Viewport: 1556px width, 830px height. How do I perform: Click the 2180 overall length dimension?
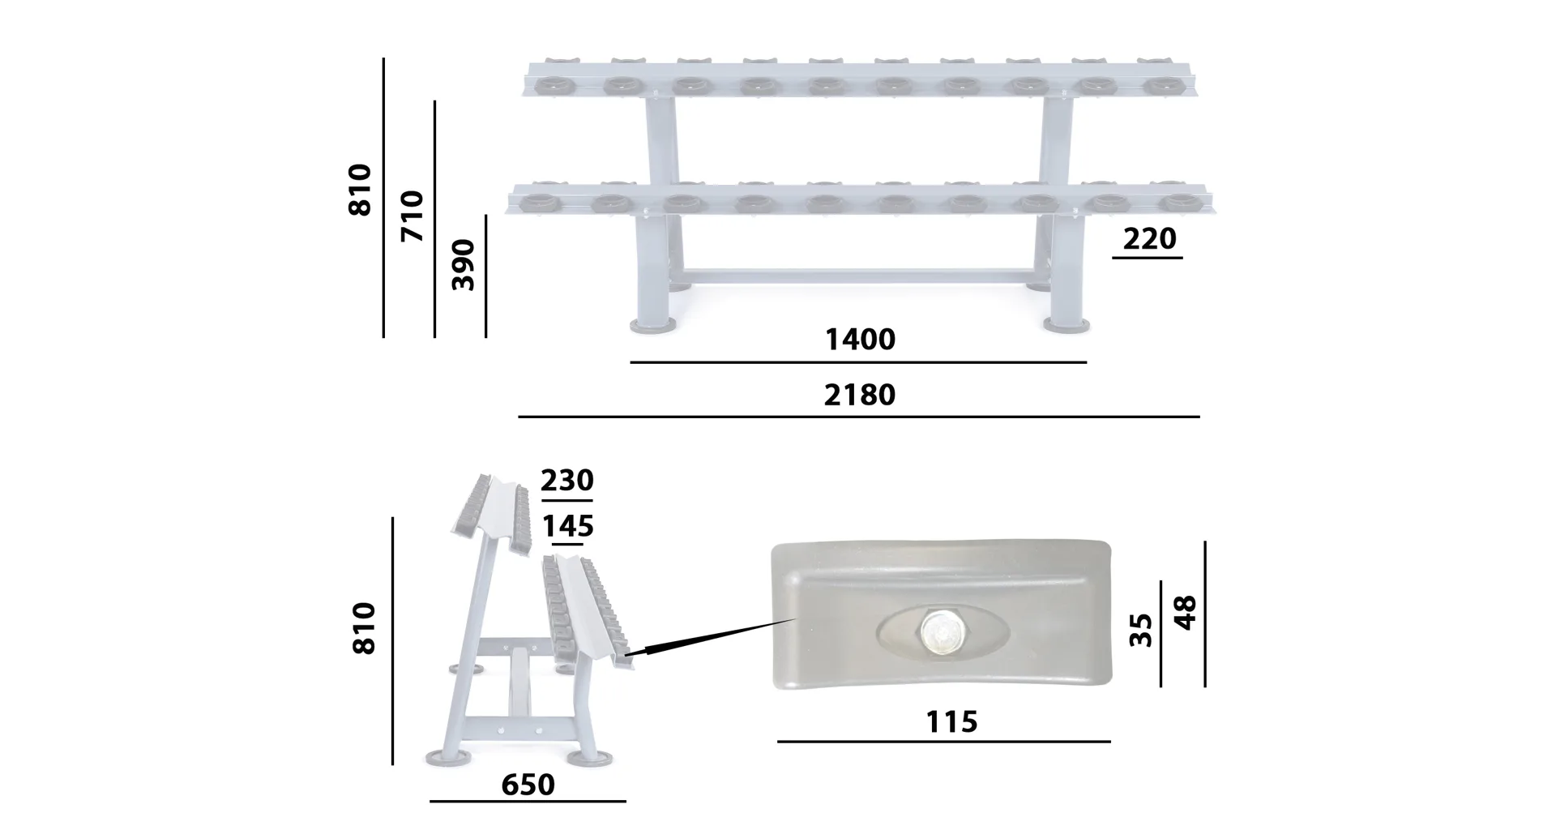coord(860,395)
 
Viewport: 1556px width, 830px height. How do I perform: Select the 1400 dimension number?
coord(860,339)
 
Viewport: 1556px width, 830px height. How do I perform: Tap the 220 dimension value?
coord(1149,238)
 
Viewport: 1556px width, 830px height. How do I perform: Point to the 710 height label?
coord(413,216)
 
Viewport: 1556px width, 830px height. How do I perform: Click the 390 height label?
coord(463,264)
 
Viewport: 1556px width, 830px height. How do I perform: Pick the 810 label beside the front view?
coord(359,190)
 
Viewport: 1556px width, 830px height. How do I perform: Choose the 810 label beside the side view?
coord(364,628)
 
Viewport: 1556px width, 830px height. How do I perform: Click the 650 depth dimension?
coord(528,785)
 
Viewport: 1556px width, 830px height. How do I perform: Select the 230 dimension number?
coord(567,480)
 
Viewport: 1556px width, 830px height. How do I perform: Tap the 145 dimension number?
coord(567,526)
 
